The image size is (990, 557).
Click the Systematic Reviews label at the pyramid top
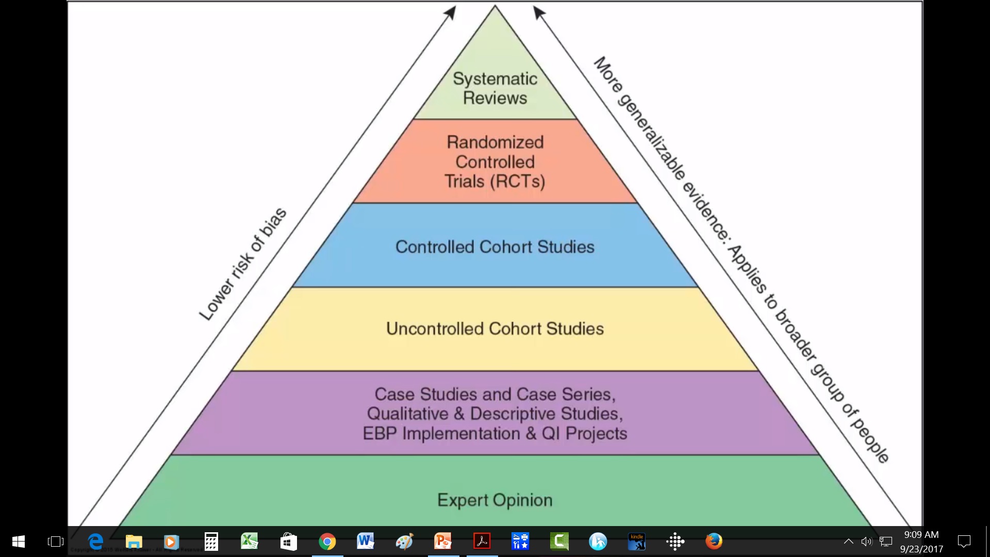[x=495, y=88]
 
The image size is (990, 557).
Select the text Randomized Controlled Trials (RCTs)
[x=495, y=161]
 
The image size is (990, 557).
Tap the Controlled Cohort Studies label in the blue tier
[x=495, y=247]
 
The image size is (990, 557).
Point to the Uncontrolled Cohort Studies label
[x=495, y=329]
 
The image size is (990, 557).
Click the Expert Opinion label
[x=495, y=500]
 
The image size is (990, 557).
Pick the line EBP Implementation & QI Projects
[x=495, y=433]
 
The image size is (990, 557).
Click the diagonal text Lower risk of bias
[x=242, y=264]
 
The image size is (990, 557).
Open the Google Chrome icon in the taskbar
[x=327, y=542]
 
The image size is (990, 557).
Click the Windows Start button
[x=19, y=542]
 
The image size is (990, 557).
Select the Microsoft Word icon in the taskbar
[x=365, y=542]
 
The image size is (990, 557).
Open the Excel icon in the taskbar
[x=250, y=542]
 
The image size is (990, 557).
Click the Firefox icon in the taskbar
[x=714, y=542]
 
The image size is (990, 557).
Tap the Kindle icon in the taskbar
[x=637, y=542]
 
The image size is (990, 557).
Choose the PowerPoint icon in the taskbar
[x=443, y=542]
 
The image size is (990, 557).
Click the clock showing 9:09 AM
[x=921, y=535]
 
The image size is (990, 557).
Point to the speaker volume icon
[x=866, y=542]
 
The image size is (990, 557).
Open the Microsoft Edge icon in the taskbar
[x=95, y=542]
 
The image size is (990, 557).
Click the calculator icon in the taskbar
[x=211, y=542]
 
